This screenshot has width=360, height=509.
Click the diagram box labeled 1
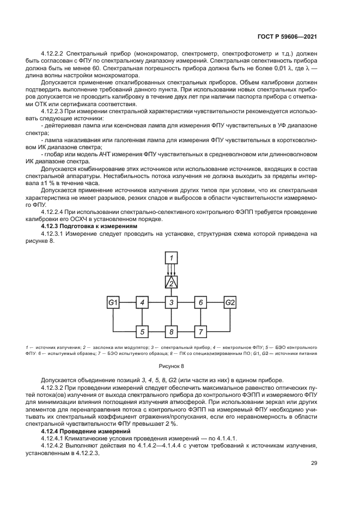point(171,257)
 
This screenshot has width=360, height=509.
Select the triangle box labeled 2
point(171,281)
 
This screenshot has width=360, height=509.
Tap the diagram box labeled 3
point(171,302)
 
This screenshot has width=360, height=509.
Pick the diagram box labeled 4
point(142,302)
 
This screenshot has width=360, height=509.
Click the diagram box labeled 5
point(142,331)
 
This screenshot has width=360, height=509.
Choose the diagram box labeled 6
point(200,302)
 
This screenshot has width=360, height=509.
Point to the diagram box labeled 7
point(200,331)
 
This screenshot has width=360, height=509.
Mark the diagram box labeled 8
point(171,331)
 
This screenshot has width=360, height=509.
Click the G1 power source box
point(113,302)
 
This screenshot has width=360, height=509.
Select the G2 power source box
point(230,302)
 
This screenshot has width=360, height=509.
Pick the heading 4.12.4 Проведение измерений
point(82,430)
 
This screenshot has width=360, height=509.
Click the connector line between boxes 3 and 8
point(171,317)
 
